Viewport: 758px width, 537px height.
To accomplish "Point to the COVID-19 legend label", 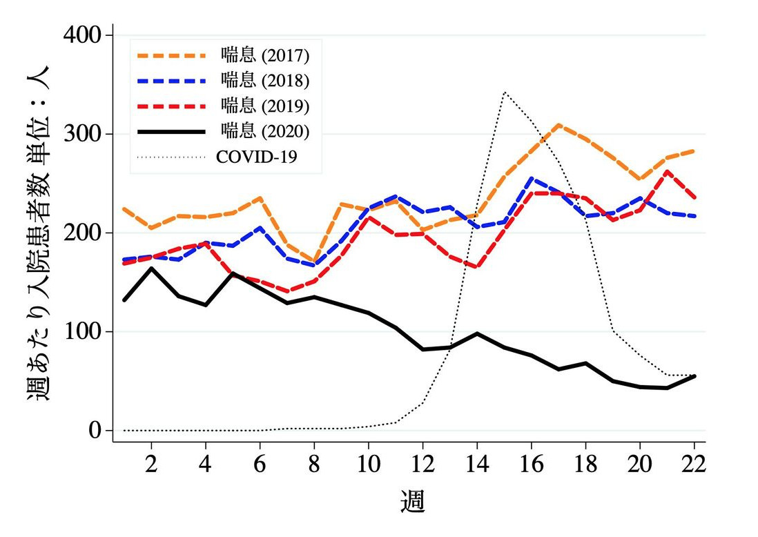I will (x=257, y=156).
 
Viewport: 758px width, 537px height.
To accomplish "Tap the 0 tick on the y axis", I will (x=94, y=431).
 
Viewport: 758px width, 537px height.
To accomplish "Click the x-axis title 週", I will (x=413, y=501).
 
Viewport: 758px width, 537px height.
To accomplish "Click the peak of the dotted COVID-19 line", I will (x=505, y=92).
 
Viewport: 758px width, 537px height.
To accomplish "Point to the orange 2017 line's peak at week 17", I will (x=558, y=125).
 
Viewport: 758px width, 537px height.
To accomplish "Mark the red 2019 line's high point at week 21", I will (x=667, y=171).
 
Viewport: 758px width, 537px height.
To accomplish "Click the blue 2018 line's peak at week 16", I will (x=532, y=178).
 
